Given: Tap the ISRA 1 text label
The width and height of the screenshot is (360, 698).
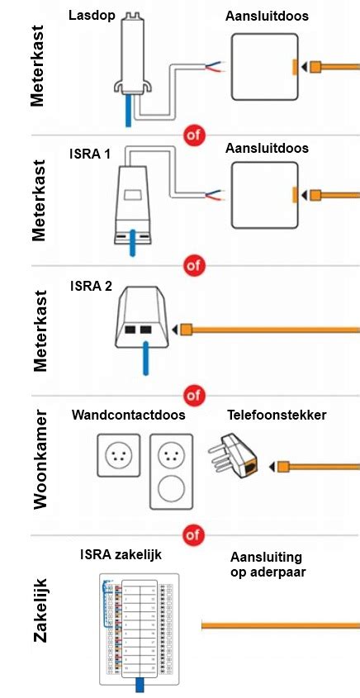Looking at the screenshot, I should click(x=90, y=154).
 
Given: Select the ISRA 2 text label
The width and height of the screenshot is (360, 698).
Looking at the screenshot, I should click(x=91, y=287).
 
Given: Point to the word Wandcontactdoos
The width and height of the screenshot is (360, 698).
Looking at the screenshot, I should click(x=128, y=415).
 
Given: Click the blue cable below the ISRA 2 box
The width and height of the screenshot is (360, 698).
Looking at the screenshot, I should click(x=144, y=364).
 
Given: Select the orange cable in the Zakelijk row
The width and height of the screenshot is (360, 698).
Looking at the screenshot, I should click(x=280, y=625).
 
